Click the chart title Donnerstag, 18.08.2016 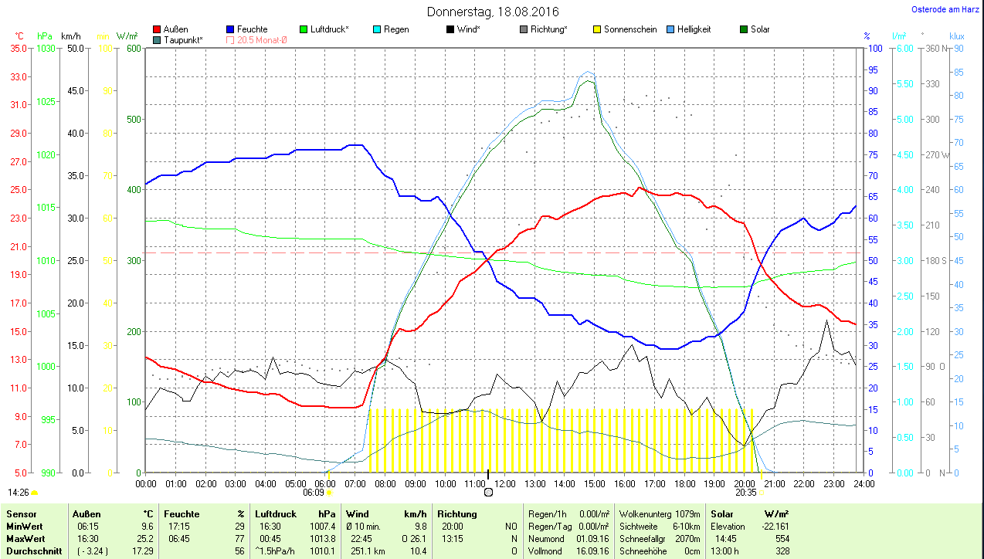[x=493, y=12]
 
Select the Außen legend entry [x=175, y=29]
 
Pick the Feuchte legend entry [x=252, y=29]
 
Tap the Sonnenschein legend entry [x=630, y=29]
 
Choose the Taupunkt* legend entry [x=183, y=39]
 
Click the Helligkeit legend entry [x=694, y=29]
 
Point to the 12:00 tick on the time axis [x=504, y=484]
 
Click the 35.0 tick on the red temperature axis [x=19, y=48]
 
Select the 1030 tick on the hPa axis [x=46, y=48]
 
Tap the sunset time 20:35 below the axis [x=745, y=492]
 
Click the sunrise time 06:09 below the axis [x=313, y=492]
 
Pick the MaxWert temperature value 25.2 [x=146, y=538]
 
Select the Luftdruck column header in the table [x=276, y=513]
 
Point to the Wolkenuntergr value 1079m [x=687, y=513]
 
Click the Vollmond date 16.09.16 [x=592, y=551]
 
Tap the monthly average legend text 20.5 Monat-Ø [x=261, y=39]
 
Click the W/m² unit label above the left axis [x=127, y=36]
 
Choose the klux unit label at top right [x=956, y=36]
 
